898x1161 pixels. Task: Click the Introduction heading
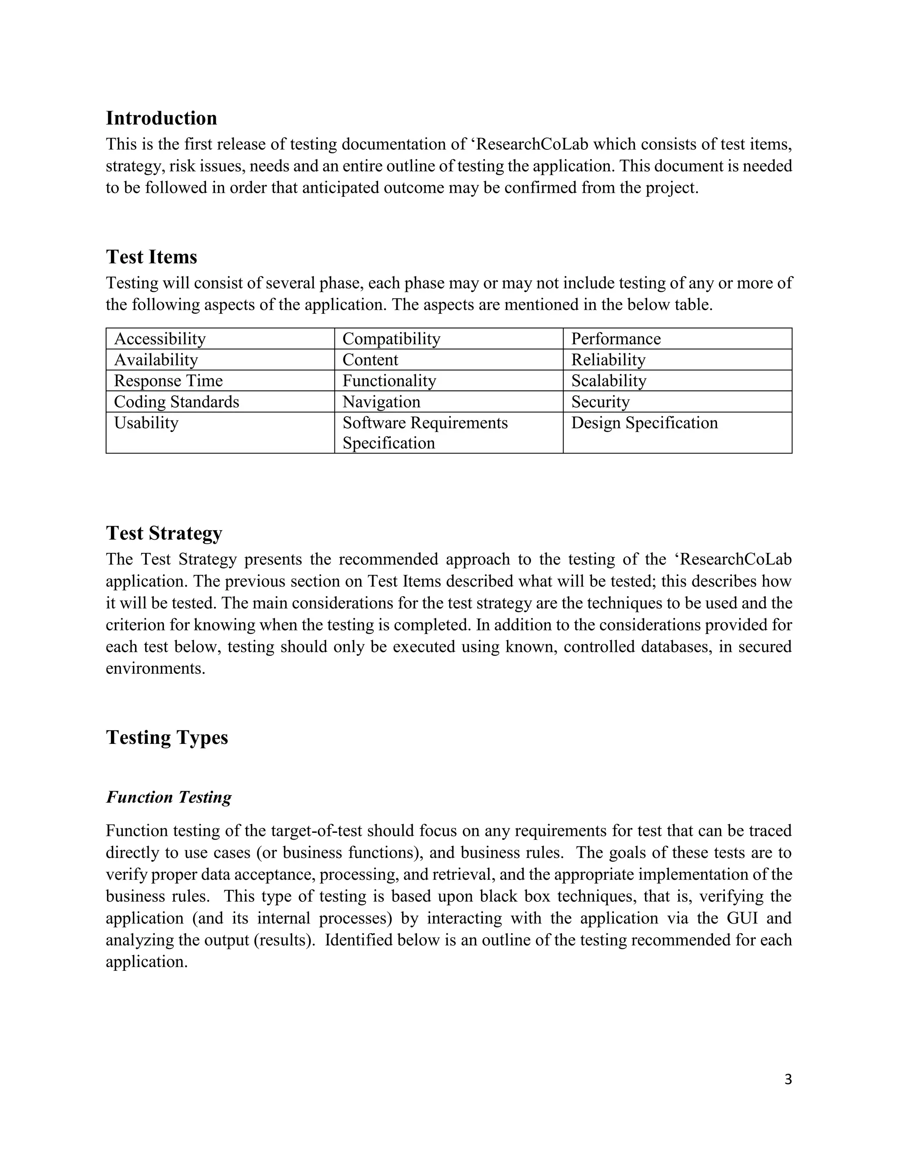161,118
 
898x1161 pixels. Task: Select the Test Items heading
151,257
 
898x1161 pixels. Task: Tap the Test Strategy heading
164,533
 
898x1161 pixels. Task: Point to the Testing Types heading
167,737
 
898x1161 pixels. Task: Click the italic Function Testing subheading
169,797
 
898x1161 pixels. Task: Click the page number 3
788,1080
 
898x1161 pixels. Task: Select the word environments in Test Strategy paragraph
155,668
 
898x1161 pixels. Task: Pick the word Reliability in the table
608,360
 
